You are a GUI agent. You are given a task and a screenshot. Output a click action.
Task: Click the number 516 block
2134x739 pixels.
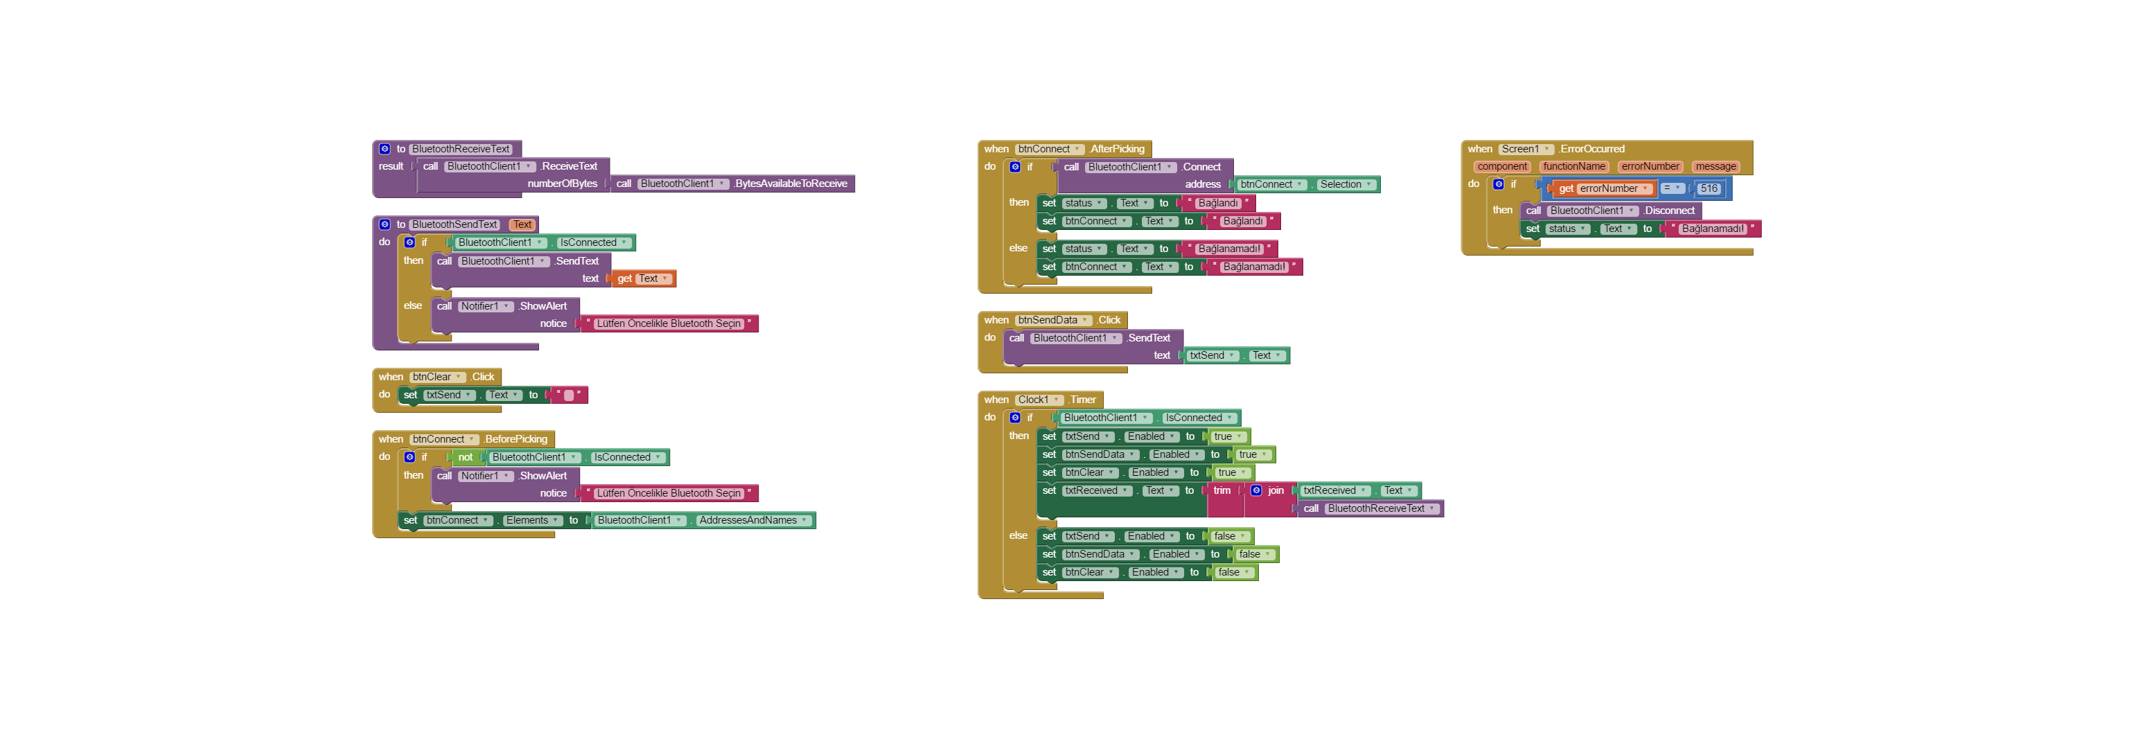(x=1708, y=189)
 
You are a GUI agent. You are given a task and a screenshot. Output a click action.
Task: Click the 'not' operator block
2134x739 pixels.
(x=465, y=457)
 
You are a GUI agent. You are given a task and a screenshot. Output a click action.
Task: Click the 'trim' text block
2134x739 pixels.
(x=1221, y=491)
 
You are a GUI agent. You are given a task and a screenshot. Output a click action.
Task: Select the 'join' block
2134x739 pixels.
(x=1275, y=491)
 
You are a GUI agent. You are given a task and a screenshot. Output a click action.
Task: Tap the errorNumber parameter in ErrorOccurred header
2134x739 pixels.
(x=1650, y=166)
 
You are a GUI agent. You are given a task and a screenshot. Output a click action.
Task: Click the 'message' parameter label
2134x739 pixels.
(x=1715, y=166)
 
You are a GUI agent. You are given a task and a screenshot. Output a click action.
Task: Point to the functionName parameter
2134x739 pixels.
(x=1573, y=166)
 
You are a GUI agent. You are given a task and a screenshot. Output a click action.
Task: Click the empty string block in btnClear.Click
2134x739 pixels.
(x=568, y=396)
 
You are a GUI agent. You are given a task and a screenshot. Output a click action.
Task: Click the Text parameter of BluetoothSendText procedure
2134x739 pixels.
(x=522, y=224)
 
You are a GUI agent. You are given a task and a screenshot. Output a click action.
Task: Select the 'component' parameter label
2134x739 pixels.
(x=1502, y=166)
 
